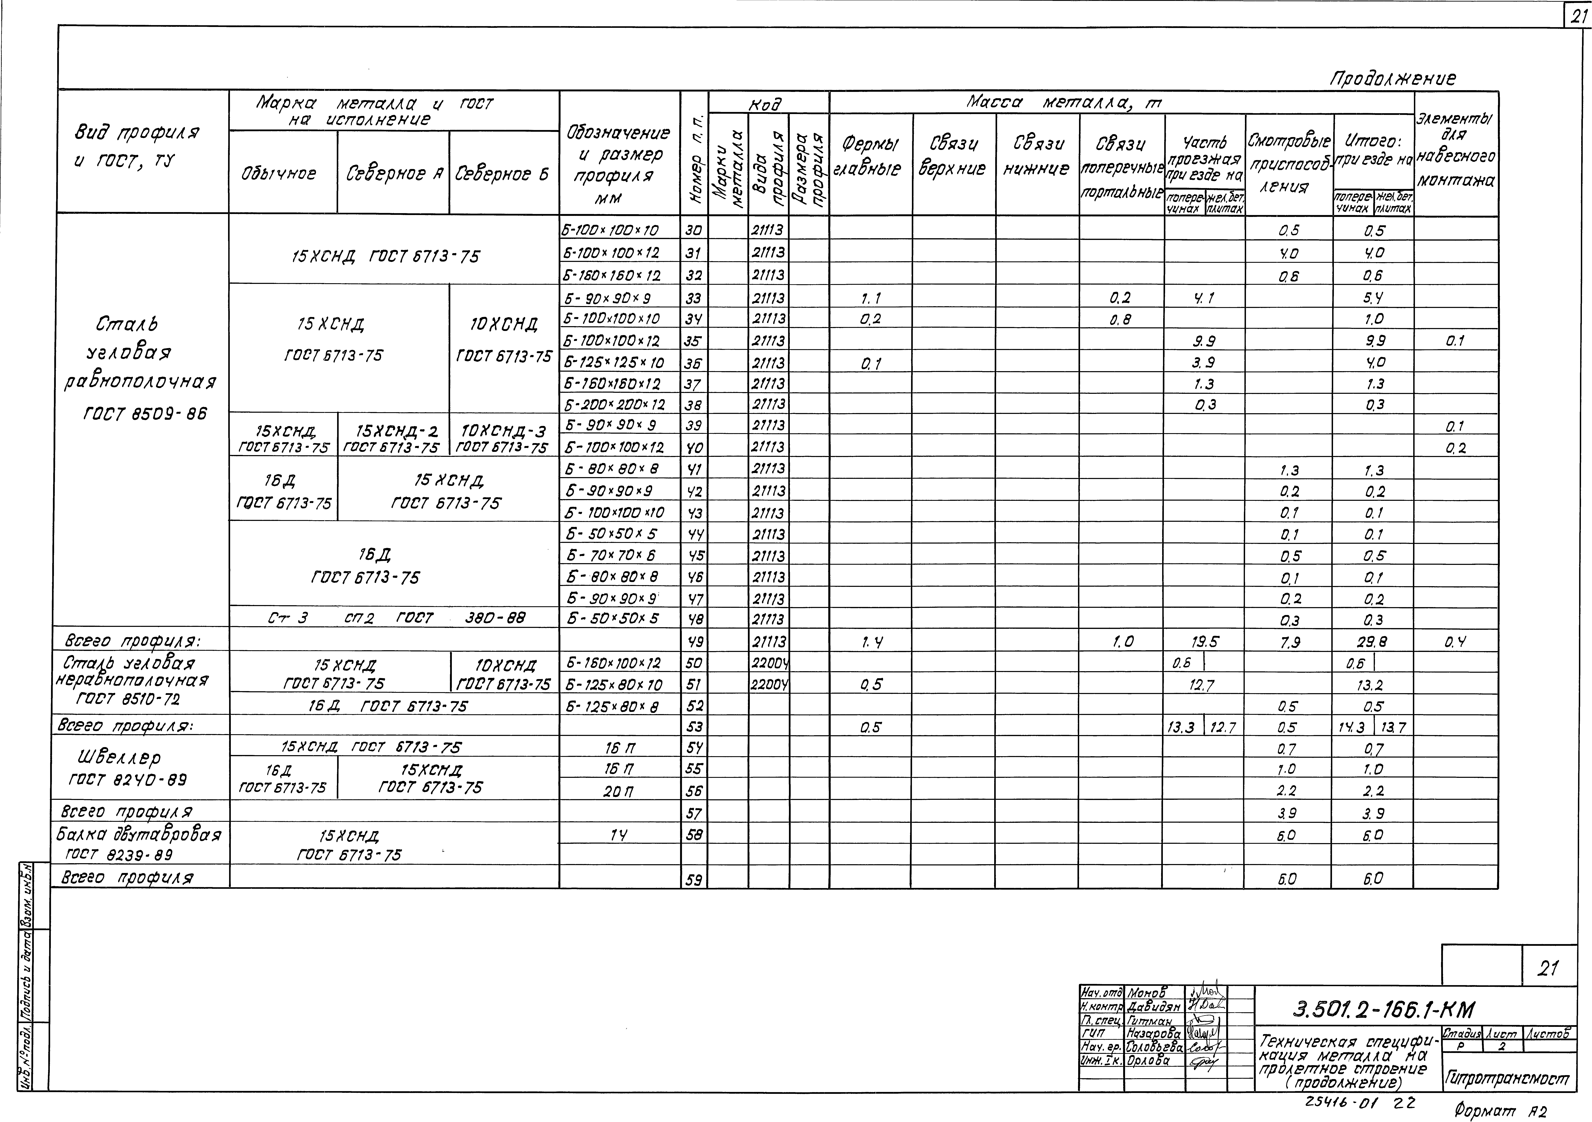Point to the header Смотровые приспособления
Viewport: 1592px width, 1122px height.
pos(1288,164)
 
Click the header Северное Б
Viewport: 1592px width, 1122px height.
pos(503,173)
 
